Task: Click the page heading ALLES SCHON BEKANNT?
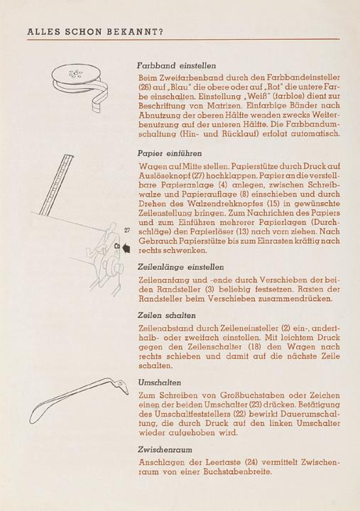coord(95,32)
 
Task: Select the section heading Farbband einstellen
coord(176,65)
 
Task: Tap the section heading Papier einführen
coord(170,153)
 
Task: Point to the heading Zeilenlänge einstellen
coord(180,267)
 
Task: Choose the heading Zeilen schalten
coord(167,315)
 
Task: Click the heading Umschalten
coord(160,383)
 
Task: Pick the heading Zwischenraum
coord(165,449)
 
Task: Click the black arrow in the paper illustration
coord(126,248)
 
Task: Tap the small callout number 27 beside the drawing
coord(127,231)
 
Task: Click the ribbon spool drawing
coord(80,85)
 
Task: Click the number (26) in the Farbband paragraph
coord(144,87)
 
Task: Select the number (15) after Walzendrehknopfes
coord(273,204)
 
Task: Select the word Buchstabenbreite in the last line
coord(238,471)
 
